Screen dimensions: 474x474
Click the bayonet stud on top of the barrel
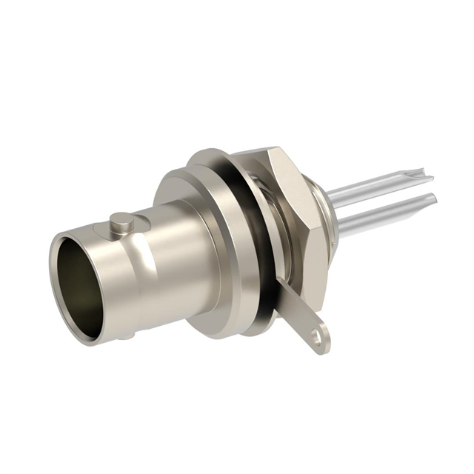click(x=121, y=220)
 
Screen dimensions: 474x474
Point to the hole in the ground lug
click(x=319, y=339)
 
